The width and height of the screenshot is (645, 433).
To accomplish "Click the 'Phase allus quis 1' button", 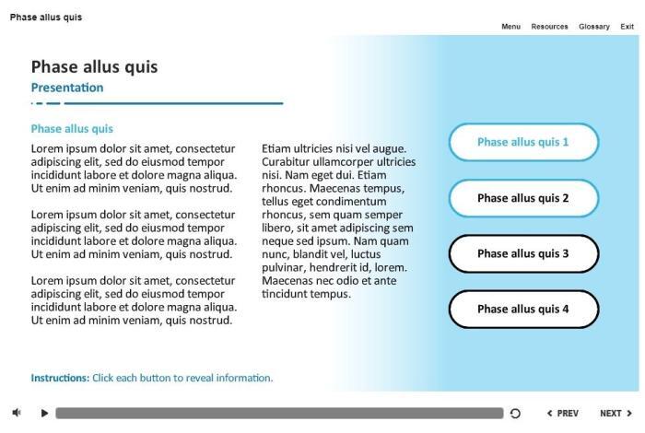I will click(x=523, y=143).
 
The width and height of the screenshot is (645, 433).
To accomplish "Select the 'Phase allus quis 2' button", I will click(x=523, y=198).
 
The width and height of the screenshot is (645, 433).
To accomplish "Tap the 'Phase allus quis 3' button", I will click(x=523, y=253).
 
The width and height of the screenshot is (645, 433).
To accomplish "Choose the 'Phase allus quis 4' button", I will click(x=523, y=310).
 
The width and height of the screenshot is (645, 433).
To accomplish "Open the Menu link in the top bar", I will click(x=510, y=26).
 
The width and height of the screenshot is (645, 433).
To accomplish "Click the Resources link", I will click(x=549, y=26).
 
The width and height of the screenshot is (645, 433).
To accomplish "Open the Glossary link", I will click(x=594, y=26).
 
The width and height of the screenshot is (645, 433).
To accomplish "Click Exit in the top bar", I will click(x=627, y=26).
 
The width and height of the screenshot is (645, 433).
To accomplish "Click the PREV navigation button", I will click(x=562, y=414).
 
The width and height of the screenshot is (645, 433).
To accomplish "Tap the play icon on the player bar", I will click(x=44, y=414).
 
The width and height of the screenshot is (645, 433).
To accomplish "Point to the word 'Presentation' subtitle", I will click(x=67, y=88).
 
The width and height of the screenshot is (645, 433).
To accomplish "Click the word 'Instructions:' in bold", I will click(x=60, y=378).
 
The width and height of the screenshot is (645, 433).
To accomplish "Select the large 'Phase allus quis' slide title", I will click(x=94, y=66).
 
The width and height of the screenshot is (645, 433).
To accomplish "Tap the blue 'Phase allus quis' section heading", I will click(x=72, y=129).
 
